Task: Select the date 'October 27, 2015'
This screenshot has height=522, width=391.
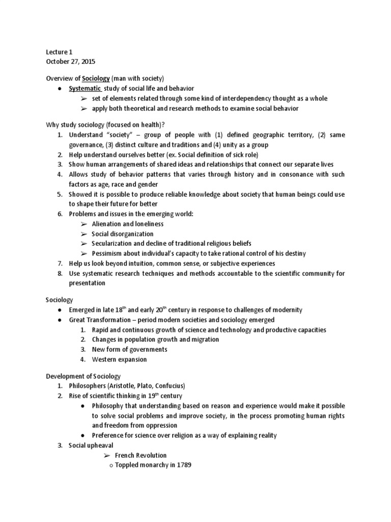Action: [x=70, y=61]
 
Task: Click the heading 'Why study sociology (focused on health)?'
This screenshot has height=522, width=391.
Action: [x=111, y=125]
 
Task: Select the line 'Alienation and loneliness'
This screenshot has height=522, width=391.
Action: [x=127, y=224]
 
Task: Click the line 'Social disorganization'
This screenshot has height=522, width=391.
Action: [x=122, y=233]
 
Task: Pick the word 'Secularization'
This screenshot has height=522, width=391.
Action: [x=113, y=243]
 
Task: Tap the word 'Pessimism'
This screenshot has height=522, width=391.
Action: [x=107, y=253]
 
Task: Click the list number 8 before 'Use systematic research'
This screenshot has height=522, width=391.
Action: [x=59, y=273]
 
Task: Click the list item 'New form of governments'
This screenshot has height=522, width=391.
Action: [x=129, y=350]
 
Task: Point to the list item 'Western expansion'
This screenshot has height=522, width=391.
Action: [x=119, y=359]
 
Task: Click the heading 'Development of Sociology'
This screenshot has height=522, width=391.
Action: [x=83, y=376]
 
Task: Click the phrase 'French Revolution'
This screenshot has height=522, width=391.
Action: [x=141, y=455]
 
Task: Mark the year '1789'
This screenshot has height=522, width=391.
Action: [x=182, y=465]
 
